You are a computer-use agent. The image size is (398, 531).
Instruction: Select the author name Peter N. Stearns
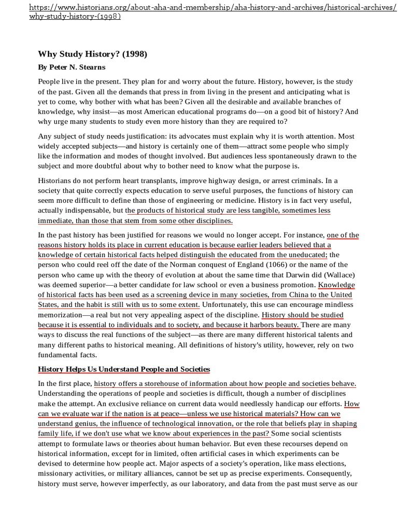[x=73, y=67]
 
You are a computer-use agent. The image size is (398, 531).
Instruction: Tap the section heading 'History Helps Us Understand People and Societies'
[x=124, y=369]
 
